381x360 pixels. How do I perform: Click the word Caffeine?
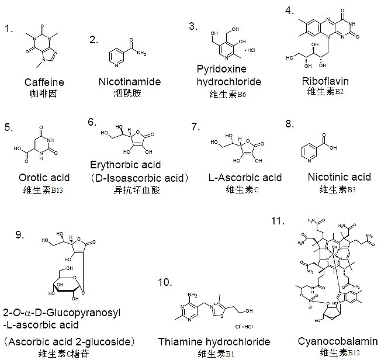[44, 82]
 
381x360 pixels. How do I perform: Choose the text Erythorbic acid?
[126, 165]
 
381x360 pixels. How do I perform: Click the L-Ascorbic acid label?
[245, 177]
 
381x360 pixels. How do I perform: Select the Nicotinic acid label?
[339, 177]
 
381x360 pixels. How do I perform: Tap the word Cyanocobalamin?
[337, 341]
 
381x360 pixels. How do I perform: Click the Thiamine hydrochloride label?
[214, 341]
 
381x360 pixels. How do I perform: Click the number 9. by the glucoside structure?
[19, 235]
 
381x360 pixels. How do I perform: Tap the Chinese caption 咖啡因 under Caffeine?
[44, 94]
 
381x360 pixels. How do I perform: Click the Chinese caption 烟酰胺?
[125, 94]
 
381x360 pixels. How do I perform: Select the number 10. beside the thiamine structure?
[165, 282]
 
